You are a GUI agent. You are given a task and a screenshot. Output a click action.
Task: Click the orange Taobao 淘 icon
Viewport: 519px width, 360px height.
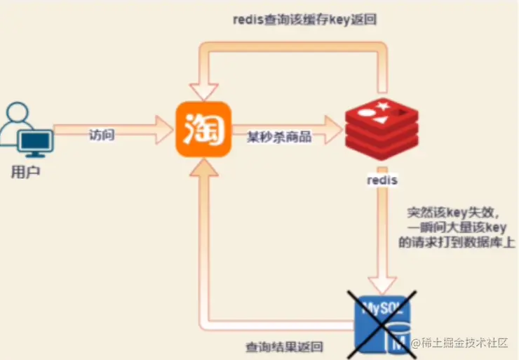203,129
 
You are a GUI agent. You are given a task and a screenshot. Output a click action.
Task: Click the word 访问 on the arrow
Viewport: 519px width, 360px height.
102,135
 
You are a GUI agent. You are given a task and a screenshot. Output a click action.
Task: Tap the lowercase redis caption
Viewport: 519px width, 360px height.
382,180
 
